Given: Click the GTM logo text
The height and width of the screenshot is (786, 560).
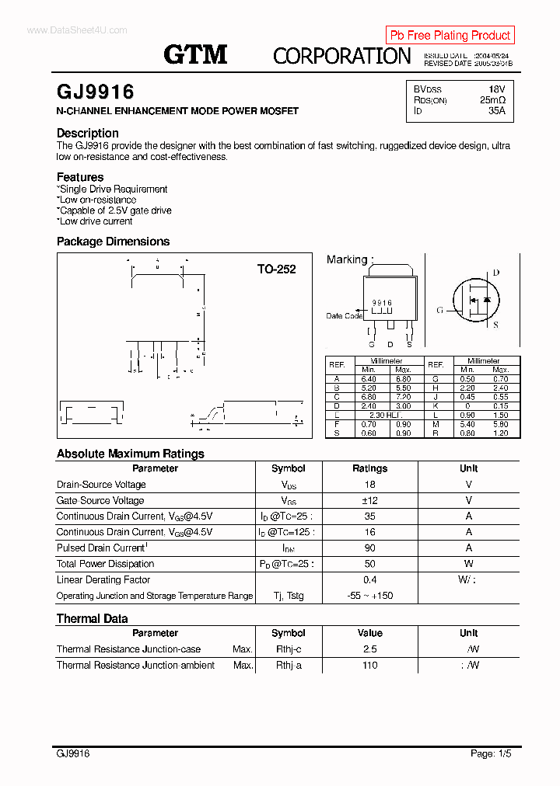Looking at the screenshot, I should (x=195, y=54).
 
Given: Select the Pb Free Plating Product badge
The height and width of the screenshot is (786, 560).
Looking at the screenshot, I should (x=450, y=35).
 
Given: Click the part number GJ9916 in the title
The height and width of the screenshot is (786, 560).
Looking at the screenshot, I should (x=96, y=92).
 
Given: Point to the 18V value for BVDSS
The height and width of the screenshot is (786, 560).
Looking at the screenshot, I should (x=496, y=90).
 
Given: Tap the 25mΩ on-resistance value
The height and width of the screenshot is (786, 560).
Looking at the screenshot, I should (x=492, y=101).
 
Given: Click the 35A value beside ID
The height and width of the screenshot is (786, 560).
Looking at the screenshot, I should (x=496, y=111).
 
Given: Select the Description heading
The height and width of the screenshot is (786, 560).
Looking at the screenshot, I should (x=88, y=133).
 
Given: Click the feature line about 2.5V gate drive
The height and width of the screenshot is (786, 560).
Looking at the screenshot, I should (x=115, y=210).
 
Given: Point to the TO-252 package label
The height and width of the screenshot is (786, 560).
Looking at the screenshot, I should (x=277, y=270).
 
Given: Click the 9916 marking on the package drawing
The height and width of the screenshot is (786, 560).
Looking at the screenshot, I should (x=382, y=303).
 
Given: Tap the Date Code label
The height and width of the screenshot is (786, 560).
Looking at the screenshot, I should (x=344, y=316).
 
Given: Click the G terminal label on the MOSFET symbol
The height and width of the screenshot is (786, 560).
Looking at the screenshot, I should (x=439, y=310).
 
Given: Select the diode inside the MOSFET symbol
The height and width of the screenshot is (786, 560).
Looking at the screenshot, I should (x=487, y=300).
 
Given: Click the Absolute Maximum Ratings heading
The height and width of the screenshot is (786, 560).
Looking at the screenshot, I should (x=131, y=454).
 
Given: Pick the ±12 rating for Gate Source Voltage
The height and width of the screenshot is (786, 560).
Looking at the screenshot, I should (x=369, y=501).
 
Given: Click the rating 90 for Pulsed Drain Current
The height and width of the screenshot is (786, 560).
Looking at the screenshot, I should (x=369, y=548).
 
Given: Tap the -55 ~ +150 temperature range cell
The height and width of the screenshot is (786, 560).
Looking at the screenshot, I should (x=369, y=596).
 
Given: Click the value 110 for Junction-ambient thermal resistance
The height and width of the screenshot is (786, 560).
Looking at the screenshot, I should (x=369, y=665).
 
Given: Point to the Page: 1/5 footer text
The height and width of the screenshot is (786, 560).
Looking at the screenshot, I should (x=491, y=753).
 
